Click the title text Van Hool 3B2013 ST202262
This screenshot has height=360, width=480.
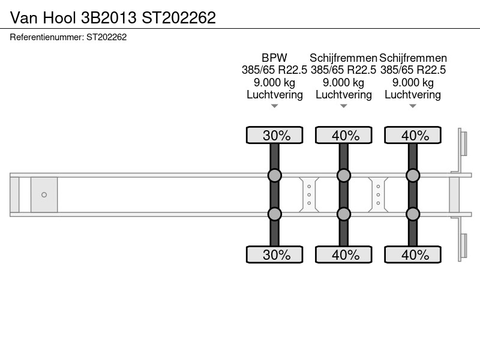(113, 17)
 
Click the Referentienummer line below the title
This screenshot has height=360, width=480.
(68, 37)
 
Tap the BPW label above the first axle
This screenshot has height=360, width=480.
(274, 58)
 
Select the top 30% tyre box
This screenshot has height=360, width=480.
(275, 135)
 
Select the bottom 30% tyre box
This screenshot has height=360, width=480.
(275, 254)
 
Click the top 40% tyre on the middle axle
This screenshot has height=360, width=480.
(344, 135)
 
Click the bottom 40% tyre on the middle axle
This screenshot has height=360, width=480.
(344, 254)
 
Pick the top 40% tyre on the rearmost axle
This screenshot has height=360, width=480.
(413, 135)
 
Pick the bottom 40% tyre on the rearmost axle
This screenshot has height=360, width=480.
(413, 254)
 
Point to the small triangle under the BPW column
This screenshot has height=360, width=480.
(275, 106)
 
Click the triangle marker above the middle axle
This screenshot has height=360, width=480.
(344, 106)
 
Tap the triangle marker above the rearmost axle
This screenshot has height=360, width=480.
(413, 106)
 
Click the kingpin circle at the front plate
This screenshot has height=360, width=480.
(44, 194)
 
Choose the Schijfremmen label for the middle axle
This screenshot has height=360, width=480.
(343, 58)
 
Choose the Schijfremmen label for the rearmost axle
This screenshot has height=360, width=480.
(413, 58)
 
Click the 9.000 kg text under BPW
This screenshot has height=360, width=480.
(274, 83)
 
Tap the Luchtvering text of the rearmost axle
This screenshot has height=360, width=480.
(413, 95)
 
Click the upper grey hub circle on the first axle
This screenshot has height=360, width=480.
(275, 175)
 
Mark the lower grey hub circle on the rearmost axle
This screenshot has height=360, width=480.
(413, 214)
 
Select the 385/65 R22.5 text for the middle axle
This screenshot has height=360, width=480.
(343, 70)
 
